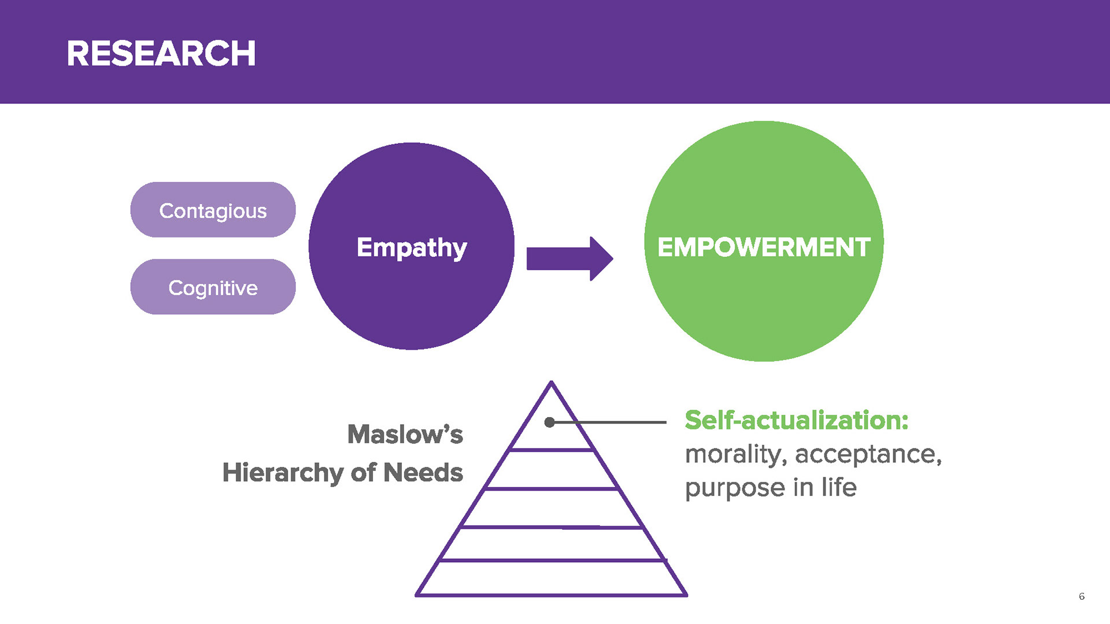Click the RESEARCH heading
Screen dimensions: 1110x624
161,54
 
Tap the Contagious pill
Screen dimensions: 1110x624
213,210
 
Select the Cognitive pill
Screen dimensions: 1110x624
213,287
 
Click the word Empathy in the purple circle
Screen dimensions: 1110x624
412,248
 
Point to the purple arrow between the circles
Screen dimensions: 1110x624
569,258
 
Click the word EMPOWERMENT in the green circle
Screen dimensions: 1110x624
764,247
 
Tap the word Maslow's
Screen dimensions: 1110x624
405,434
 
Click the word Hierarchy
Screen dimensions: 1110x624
283,473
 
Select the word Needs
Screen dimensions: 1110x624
423,473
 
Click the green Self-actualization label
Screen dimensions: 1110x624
797,420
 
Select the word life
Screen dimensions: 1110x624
839,487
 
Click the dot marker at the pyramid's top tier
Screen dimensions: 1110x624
550,422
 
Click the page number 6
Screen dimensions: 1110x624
1082,596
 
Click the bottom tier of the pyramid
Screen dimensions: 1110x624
552,578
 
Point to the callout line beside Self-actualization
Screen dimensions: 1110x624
608,422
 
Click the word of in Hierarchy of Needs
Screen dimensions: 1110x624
364,473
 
